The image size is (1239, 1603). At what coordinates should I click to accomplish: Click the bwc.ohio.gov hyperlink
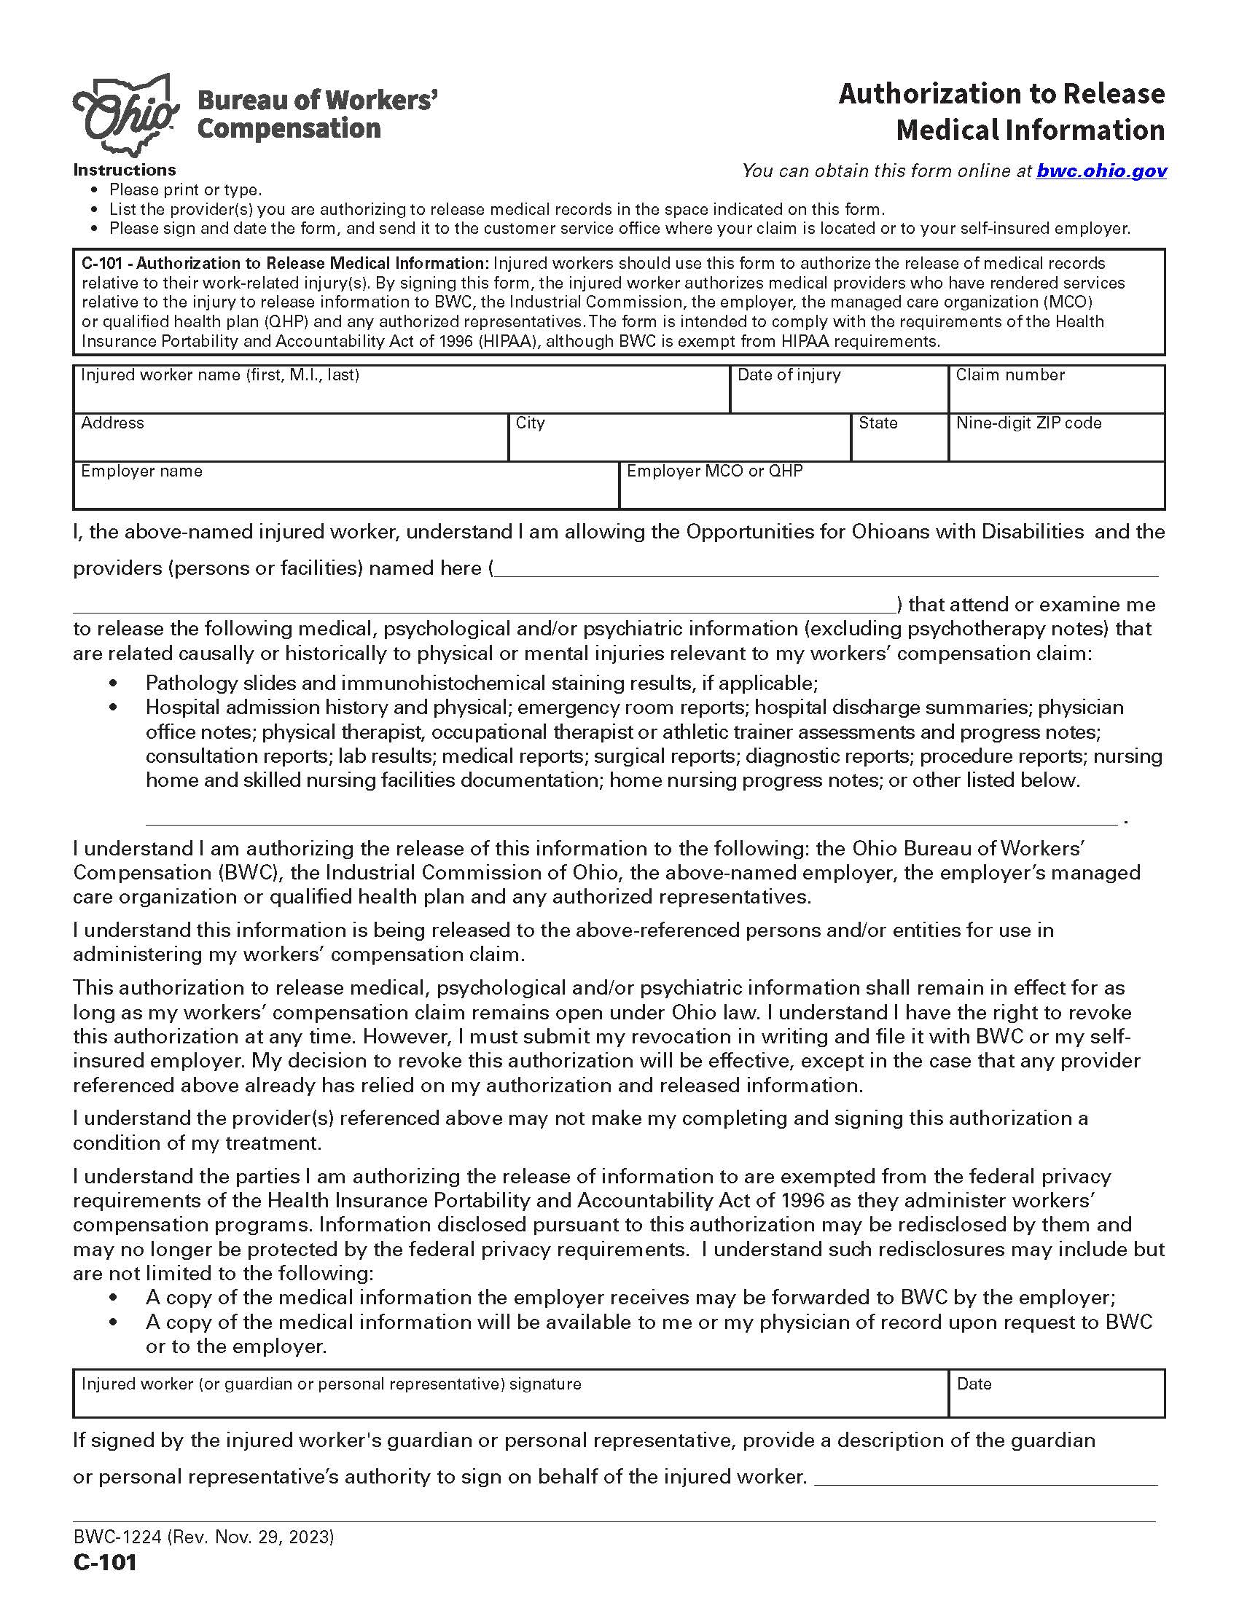tap(1101, 171)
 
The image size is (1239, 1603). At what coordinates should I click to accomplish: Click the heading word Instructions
tap(125, 171)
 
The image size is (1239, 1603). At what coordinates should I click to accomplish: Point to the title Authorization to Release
tap(1001, 94)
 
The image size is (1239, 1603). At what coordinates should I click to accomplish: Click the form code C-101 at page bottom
tap(105, 1562)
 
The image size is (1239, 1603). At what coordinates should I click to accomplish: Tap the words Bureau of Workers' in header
tap(318, 100)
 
